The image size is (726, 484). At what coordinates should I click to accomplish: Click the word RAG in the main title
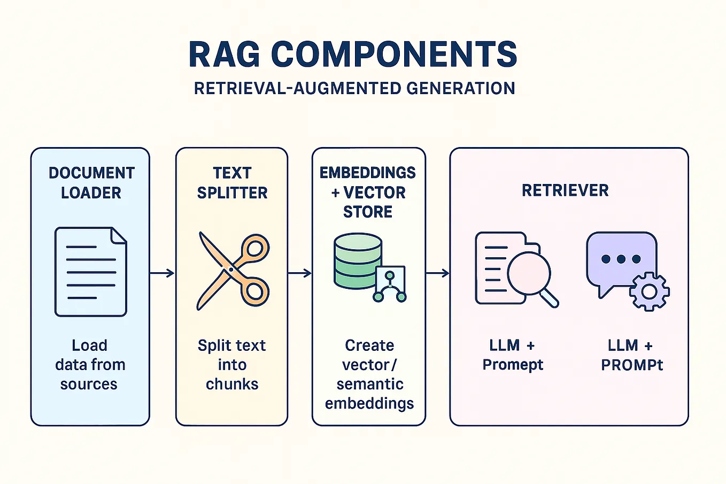coord(225,54)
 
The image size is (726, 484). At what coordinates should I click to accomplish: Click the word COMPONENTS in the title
coord(394,54)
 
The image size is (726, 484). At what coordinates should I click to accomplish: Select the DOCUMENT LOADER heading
coord(91,183)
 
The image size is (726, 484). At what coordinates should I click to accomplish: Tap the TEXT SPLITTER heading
coord(232,183)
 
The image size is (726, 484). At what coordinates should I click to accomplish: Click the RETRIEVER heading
coord(565,190)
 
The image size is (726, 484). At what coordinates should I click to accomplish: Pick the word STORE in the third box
coord(368,212)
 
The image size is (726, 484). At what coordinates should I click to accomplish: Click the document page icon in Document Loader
coord(91,272)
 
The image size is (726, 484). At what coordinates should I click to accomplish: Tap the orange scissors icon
coord(233,271)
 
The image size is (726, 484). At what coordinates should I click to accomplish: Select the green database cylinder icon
coord(358,262)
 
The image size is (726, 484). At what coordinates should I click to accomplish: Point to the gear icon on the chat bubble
coord(649,291)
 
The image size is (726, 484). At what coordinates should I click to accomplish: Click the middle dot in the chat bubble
coord(621,259)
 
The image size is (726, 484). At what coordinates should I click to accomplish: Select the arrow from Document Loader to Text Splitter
coord(162,273)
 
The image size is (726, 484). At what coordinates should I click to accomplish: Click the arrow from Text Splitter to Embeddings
coord(300,273)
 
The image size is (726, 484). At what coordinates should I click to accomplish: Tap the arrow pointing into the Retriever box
coord(437,273)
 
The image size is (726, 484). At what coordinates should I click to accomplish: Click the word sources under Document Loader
coord(89,384)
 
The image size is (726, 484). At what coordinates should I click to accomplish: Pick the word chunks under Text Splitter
coord(232,384)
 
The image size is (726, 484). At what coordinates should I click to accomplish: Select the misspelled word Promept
coord(513,365)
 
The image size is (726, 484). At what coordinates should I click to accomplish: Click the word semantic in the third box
coord(370,384)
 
